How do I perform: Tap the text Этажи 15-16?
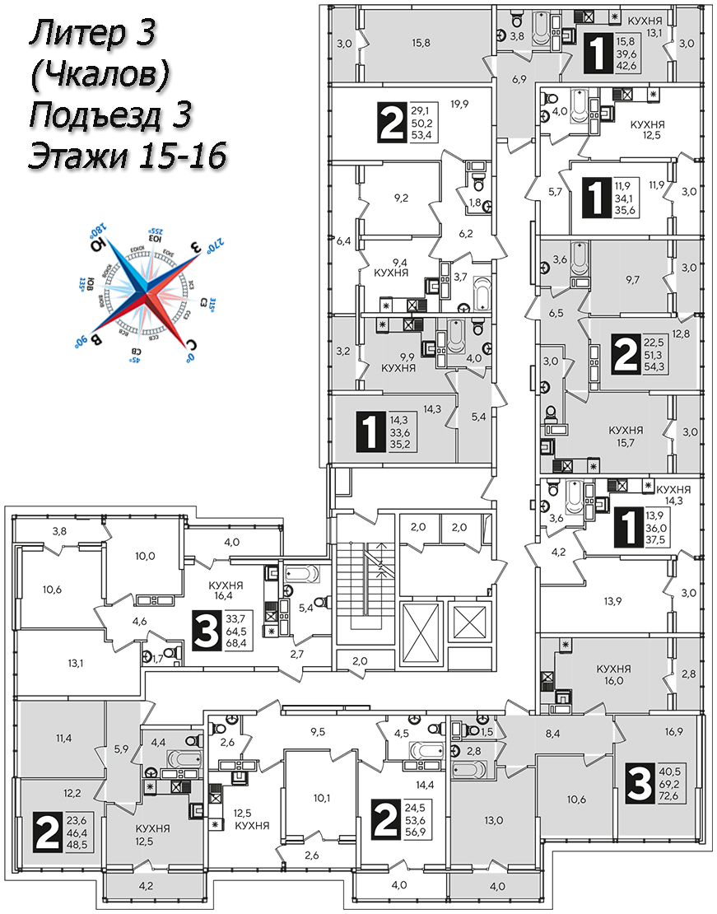click(128, 155)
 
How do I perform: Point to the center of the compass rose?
click(146, 292)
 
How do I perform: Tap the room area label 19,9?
click(459, 104)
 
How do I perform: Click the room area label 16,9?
click(673, 730)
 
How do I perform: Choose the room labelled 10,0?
click(145, 555)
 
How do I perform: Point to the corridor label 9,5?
click(319, 730)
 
